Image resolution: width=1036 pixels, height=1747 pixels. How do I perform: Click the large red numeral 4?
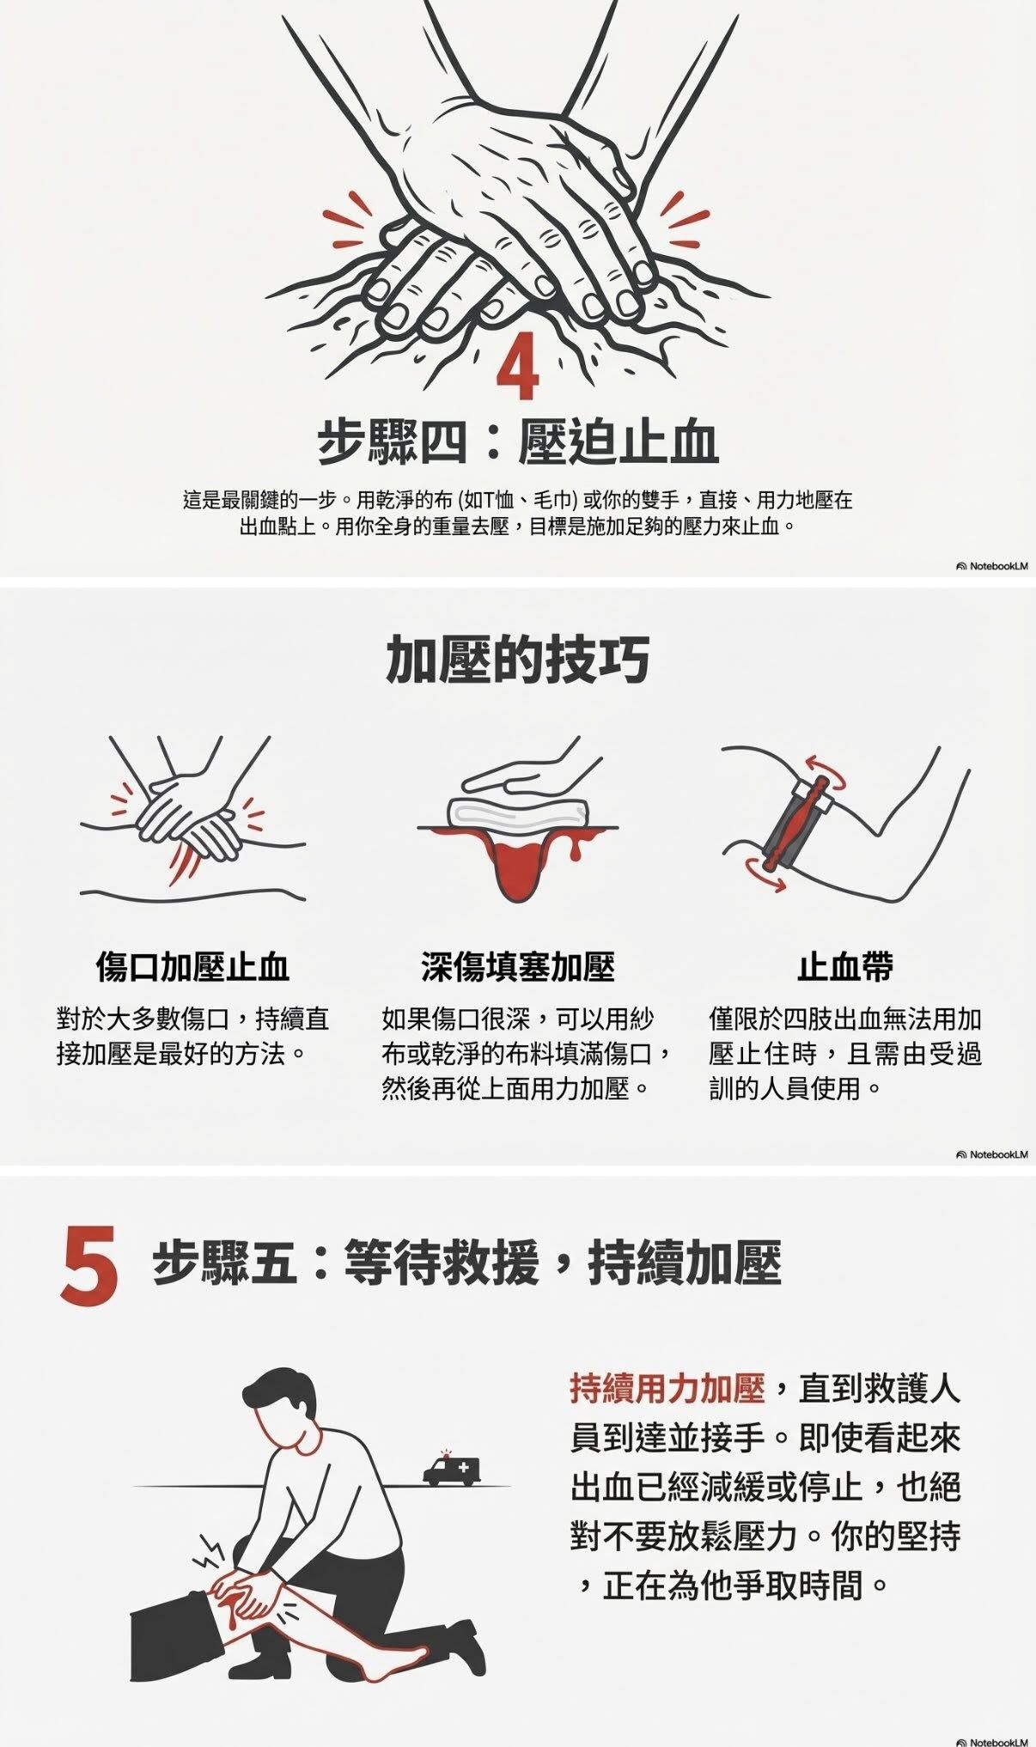(519, 370)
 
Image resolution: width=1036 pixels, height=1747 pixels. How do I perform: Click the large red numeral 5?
(89, 1268)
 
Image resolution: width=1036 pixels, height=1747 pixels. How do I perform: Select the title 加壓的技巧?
(517, 660)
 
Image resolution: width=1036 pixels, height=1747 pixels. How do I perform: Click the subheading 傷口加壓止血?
(192, 966)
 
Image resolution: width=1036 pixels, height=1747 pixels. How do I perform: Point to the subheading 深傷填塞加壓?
(518, 966)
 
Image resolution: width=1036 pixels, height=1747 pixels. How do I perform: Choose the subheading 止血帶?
(845, 966)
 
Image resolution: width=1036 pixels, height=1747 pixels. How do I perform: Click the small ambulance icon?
(452, 1470)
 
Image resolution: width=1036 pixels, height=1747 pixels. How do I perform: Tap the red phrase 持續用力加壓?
(667, 1389)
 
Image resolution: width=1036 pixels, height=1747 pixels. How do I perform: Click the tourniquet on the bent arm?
(795, 824)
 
